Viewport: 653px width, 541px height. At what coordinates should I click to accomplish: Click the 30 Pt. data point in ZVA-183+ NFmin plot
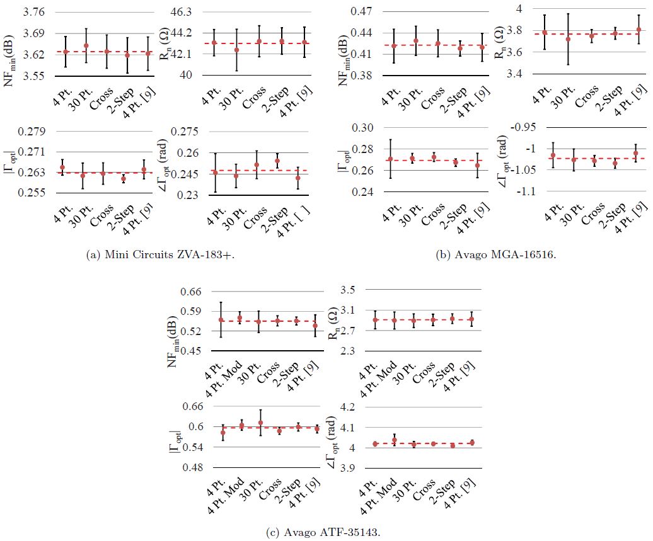(x=86, y=46)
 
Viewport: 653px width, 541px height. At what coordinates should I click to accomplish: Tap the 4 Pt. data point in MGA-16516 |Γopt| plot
(x=390, y=159)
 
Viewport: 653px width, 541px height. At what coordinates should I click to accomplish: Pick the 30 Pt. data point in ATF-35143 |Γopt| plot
(x=260, y=423)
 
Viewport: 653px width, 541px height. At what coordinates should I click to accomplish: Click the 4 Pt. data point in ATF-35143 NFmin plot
(x=221, y=320)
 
